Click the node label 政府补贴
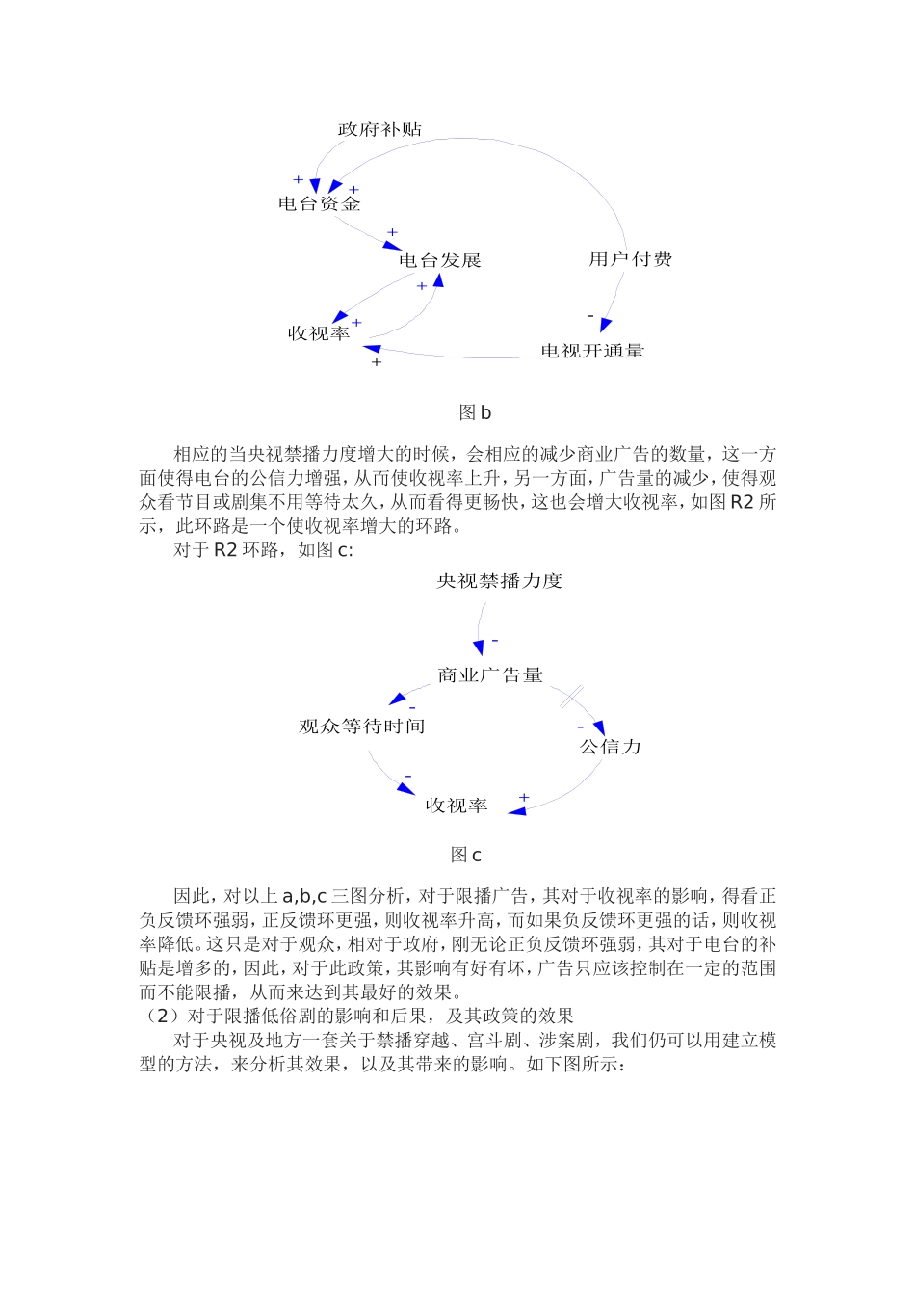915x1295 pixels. click(x=379, y=129)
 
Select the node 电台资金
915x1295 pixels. click(x=319, y=203)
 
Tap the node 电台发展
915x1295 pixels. click(x=439, y=260)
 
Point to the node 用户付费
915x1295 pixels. click(x=630, y=259)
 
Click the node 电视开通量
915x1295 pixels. click(x=592, y=351)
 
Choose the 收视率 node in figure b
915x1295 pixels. click(x=319, y=333)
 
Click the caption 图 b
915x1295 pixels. click(x=475, y=412)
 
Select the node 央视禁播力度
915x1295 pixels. click(x=499, y=580)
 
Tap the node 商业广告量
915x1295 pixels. click(x=490, y=674)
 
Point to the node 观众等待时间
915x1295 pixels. click(x=361, y=726)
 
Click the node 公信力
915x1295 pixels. click(x=610, y=746)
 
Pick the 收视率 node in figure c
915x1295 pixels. click(x=457, y=805)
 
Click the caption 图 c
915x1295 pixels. click(x=466, y=855)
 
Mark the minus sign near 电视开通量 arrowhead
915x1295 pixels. click(x=590, y=316)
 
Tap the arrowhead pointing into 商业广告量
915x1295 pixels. click(x=479, y=647)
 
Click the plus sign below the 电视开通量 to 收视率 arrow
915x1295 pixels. click(x=377, y=362)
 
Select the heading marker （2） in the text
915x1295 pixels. click(x=161, y=1016)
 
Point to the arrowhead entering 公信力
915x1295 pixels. click(x=599, y=728)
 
